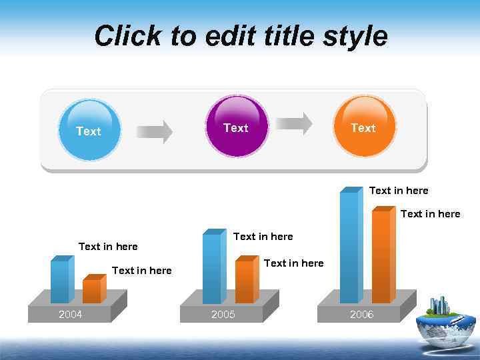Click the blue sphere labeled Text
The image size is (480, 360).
(89, 130)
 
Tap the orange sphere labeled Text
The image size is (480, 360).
(363, 127)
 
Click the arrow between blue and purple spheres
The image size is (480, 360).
(154, 131)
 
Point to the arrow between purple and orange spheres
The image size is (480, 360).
(294, 123)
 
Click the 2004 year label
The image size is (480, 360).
(70, 315)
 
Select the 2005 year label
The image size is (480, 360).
(223, 315)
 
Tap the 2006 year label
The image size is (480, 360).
(361, 315)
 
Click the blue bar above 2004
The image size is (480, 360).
(60, 281)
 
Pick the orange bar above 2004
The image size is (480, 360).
(92, 291)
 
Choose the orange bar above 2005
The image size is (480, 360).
(245, 281)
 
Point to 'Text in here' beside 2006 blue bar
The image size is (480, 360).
(399, 191)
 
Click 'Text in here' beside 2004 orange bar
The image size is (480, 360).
(142, 271)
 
